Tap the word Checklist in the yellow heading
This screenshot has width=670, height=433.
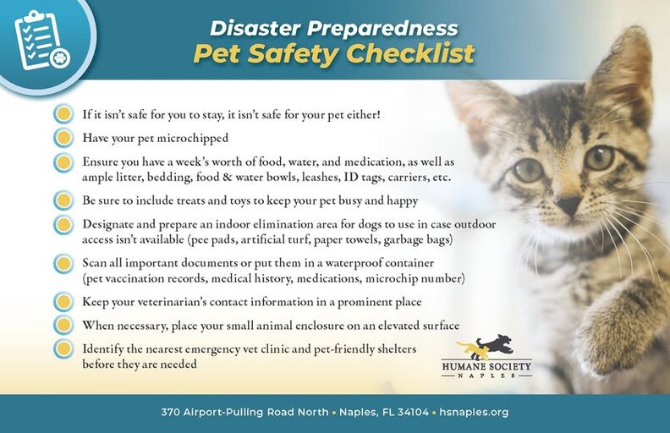pos(415,54)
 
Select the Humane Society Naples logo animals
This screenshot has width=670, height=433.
pos(486,347)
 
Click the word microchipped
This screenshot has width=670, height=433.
pos(191,137)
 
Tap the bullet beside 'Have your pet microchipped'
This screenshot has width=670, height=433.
pos(63,137)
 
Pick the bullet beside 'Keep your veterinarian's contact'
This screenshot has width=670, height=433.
pos(63,302)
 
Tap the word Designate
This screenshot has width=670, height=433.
pos(110,225)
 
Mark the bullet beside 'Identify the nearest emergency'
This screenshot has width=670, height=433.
pos(63,348)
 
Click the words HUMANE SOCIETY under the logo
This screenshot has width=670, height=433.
pos(486,366)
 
